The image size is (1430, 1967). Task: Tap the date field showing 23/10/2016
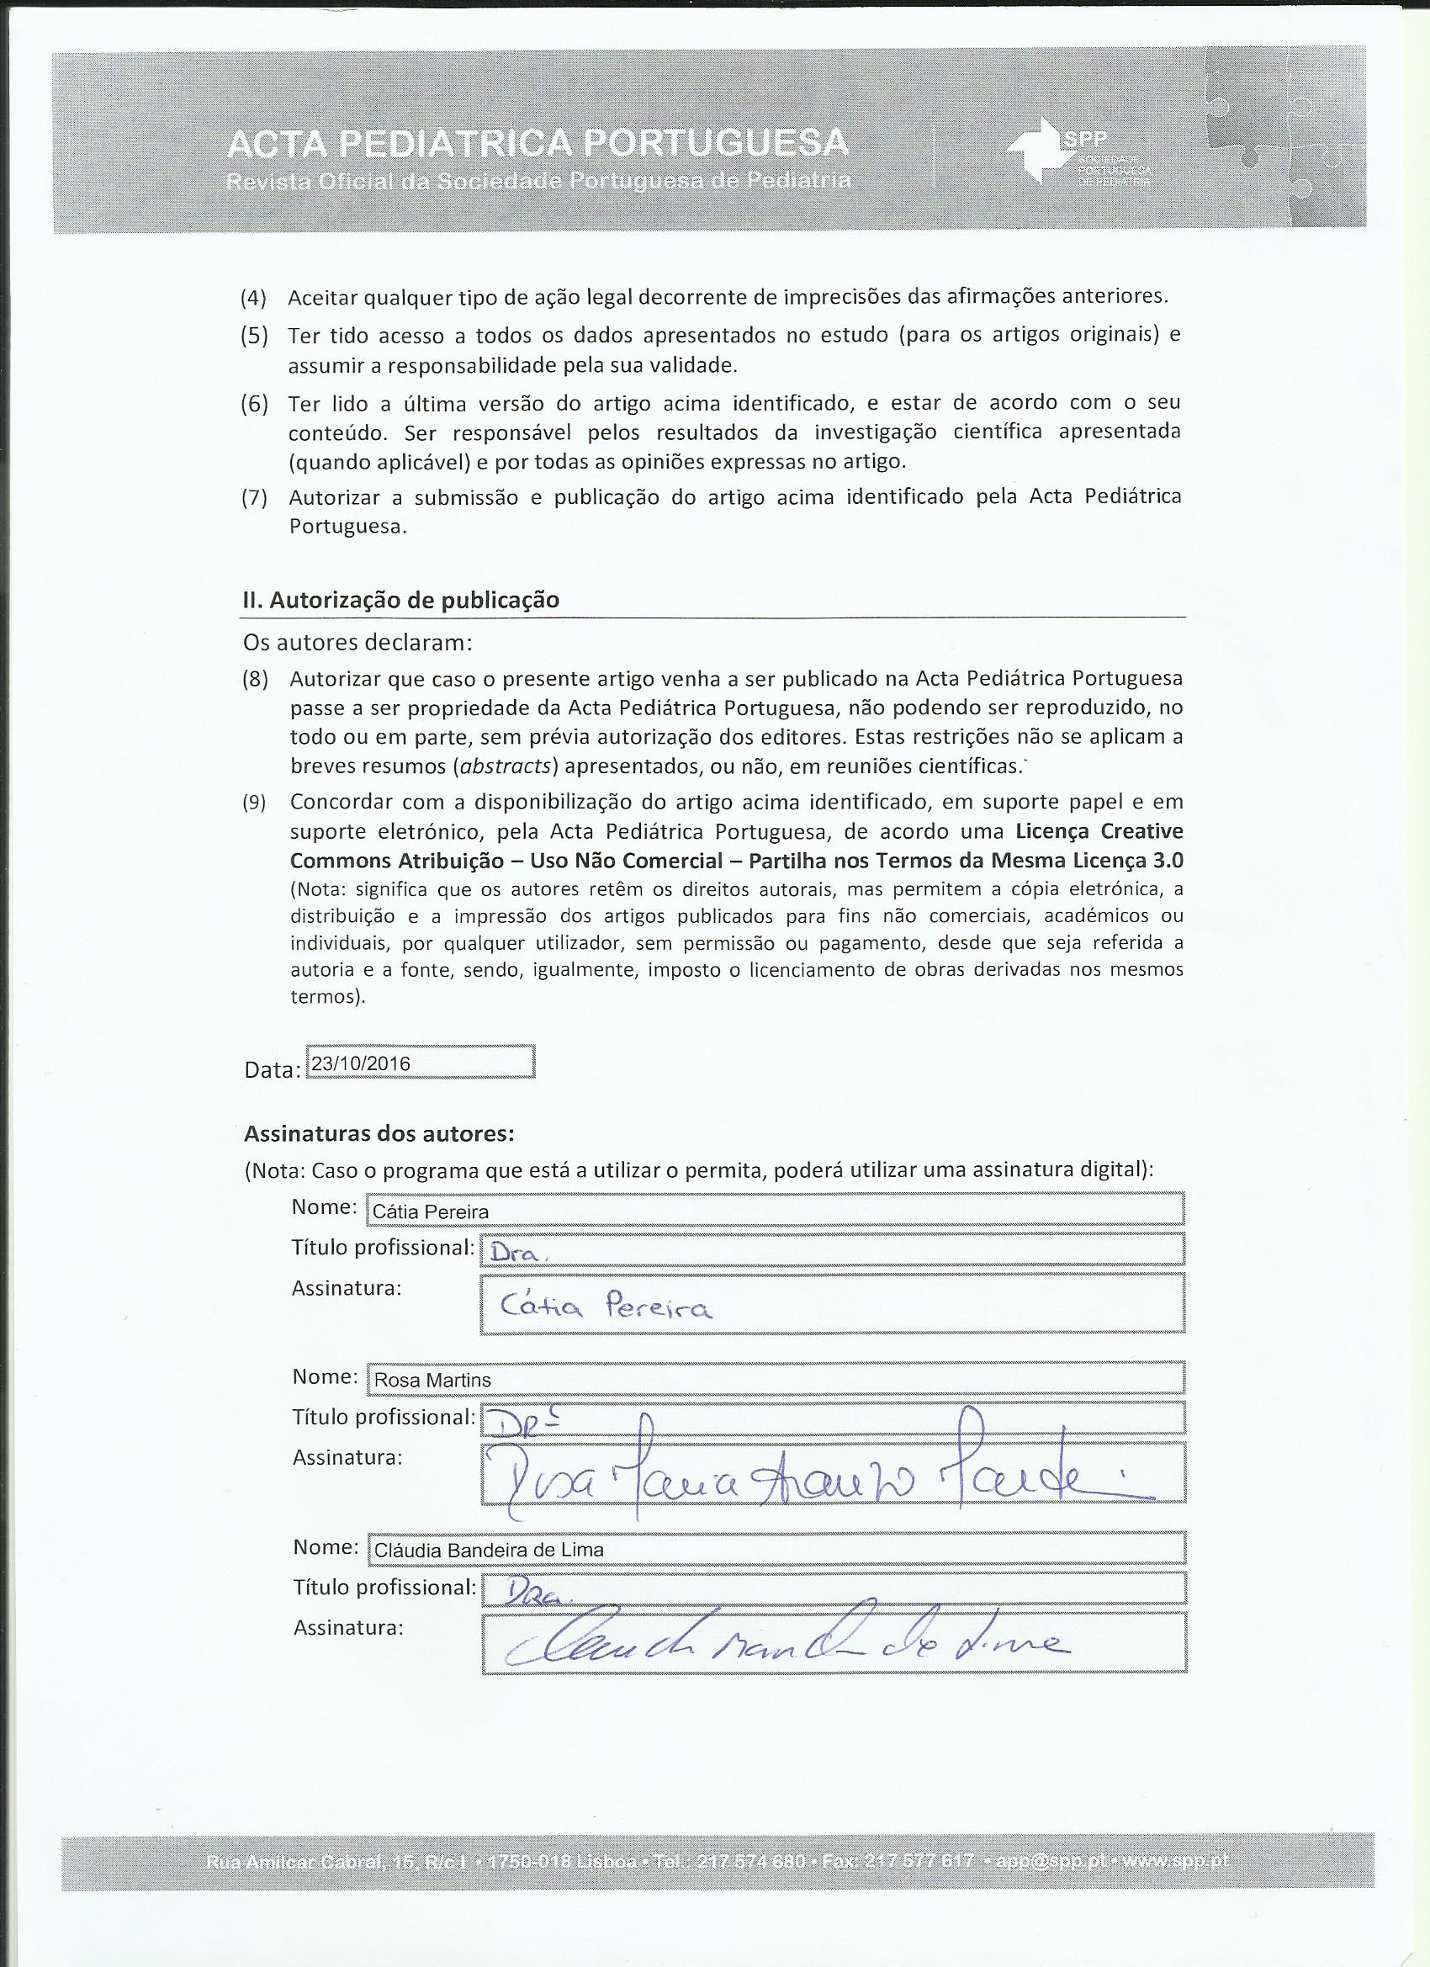[421, 1063]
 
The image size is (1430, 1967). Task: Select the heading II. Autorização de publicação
[400, 600]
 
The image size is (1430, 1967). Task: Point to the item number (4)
[254, 298]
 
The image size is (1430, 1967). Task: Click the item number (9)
[254, 803]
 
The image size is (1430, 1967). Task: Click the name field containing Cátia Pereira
[776, 1211]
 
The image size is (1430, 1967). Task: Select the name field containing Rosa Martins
[776, 1379]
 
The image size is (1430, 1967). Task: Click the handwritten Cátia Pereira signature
[607, 1305]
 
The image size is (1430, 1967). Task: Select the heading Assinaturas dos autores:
[379, 1133]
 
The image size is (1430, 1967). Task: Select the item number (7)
[254, 498]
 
